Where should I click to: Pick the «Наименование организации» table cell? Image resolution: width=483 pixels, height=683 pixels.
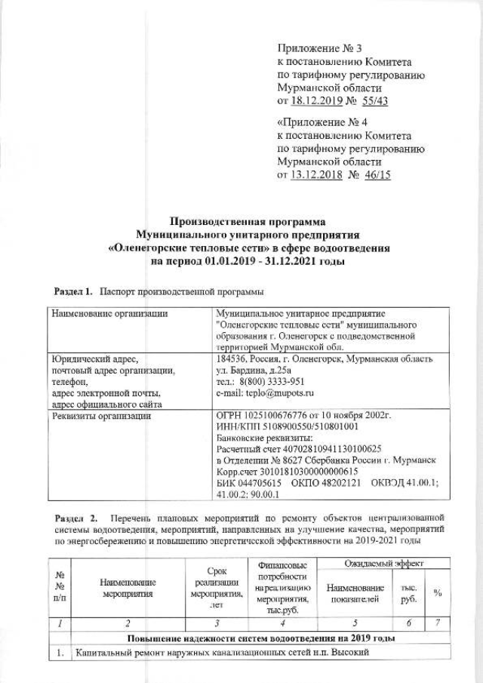[x=107, y=312]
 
